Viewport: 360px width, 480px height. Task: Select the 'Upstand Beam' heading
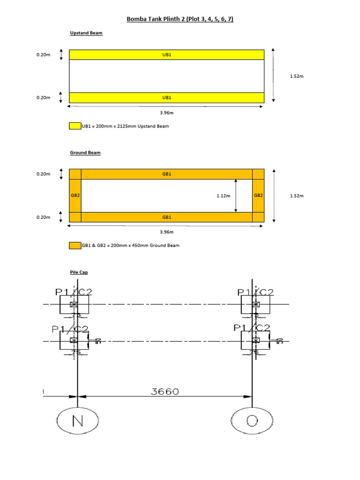click(86, 33)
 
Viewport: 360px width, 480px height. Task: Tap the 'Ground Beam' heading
click(85, 153)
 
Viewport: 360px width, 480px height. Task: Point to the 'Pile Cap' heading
click(79, 272)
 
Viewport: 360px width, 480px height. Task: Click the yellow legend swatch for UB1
click(75, 126)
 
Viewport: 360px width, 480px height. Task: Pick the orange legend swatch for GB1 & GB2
click(75, 246)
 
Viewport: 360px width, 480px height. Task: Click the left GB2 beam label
click(75, 195)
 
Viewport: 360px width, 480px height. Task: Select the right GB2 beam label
click(258, 195)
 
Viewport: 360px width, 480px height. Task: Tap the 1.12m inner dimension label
click(223, 196)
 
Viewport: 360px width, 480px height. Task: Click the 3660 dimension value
click(165, 392)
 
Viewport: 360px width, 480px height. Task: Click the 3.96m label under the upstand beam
click(167, 112)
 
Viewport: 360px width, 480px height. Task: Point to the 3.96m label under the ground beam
click(167, 232)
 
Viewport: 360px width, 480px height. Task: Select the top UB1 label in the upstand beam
click(167, 55)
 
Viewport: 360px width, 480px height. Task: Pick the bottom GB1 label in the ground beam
click(167, 217)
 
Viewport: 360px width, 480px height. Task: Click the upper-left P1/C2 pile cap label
click(74, 292)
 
